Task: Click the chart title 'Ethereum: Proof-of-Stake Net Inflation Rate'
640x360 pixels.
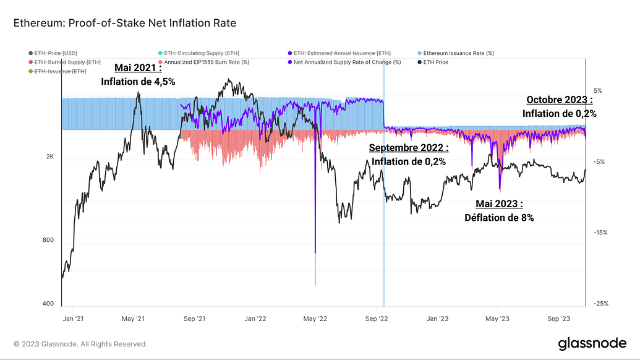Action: (124, 23)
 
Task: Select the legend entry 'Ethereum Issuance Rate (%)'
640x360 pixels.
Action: (458, 54)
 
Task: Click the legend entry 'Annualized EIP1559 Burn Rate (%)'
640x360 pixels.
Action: (207, 62)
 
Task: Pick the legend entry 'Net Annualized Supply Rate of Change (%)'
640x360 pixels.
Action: (347, 62)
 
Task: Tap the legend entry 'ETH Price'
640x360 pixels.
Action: (436, 62)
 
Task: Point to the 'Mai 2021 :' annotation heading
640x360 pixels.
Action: (138, 68)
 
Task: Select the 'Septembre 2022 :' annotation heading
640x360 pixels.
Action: (409, 148)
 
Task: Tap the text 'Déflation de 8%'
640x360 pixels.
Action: (499, 217)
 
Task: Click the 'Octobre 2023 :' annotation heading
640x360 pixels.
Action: (560, 100)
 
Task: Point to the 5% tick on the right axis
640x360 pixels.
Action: (598, 91)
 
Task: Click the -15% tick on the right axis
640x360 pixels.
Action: (598, 233)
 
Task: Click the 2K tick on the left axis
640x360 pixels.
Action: (50, 157)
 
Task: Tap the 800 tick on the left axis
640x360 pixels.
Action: (49, 241)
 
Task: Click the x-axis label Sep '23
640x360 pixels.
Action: (558, 319)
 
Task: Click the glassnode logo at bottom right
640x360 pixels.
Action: (592, 343)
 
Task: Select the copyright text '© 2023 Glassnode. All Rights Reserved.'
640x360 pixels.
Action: (80, 344)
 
